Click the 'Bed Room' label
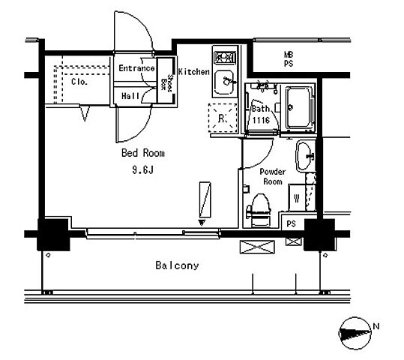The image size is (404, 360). (143, 153)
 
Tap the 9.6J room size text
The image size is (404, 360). (142, 170)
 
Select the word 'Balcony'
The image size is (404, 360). (177, 265)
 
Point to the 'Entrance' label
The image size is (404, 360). (136, 68)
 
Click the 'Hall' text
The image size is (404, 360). (130, 96)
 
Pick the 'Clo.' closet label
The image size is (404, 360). (79, 82)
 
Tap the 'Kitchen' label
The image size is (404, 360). (194, 72)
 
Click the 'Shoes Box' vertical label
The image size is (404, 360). (166, 82)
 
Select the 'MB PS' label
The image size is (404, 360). (289, 59)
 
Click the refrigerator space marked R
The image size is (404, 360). (223, 118)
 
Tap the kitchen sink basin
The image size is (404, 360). (224, 82)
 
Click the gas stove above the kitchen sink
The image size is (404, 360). (225, 57)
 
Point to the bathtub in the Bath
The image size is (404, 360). (299, 107)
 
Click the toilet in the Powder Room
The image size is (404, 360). (261, 210)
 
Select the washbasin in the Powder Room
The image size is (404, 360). (305, 156)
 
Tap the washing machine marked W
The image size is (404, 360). (297, 197)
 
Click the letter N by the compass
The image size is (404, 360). (376, 326)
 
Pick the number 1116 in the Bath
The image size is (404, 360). (261, 120)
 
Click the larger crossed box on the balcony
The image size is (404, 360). (257, 247)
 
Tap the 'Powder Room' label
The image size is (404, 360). (273, 177)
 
